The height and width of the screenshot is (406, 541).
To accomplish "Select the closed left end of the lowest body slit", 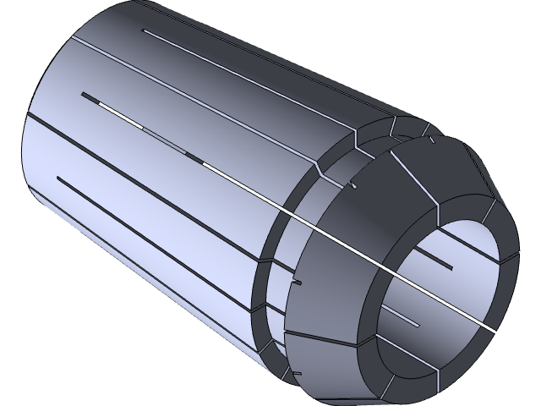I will [57, 178].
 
